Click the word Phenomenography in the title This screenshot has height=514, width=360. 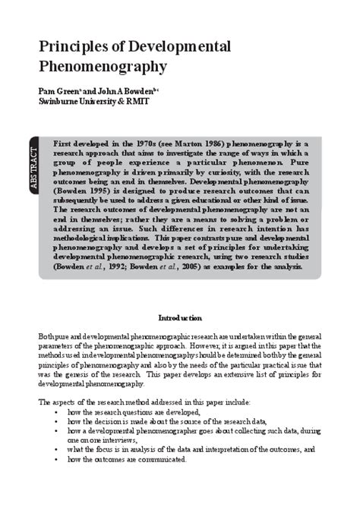click(x=102, y=67)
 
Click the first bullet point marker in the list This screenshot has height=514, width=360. click(x=57, y=411)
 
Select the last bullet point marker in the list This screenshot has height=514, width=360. click(x=57, y=459)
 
